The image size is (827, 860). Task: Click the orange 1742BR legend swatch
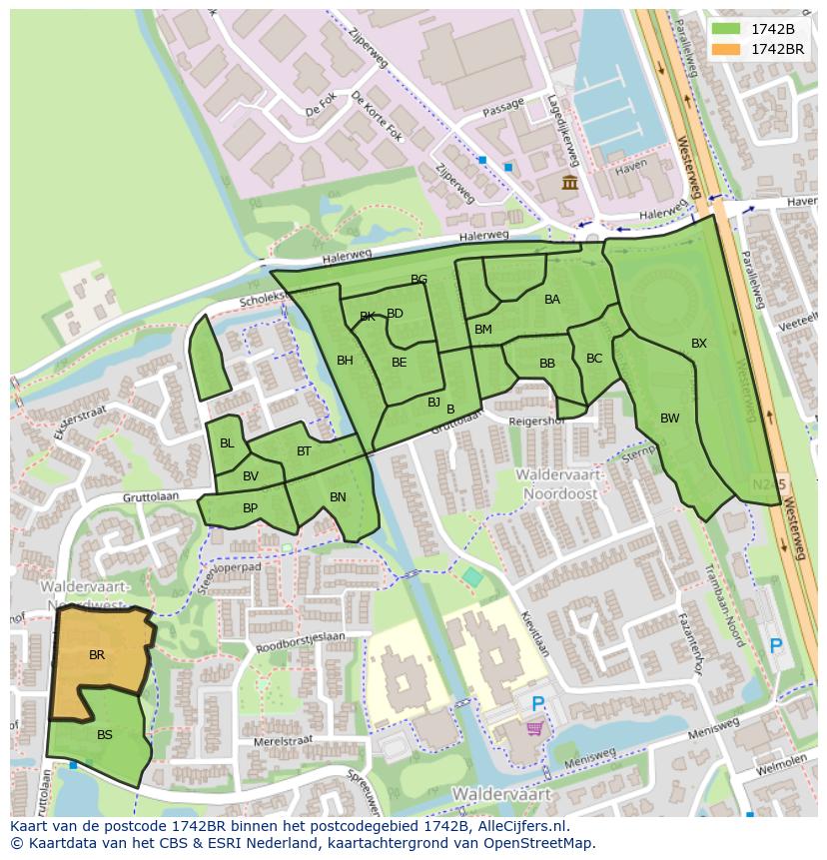pyautogui.click(x=726, y=49)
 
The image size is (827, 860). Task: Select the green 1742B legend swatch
pyautogui.click(x=726, y=29)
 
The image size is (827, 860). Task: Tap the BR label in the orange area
pyautogui.click(x=97, y=656)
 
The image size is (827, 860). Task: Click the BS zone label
pyautogui.click(x=105, y=735)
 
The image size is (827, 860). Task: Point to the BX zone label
pyautogui.click(x=699, y=344)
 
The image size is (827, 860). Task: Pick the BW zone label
pyautogui.click(x=669, y=419)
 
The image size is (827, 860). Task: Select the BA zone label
pyautogui.click(x=552, y=300)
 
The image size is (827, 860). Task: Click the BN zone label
pyautogui.click(x=338, y=497)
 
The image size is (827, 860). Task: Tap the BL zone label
pyautogui.click(x=227, y=443)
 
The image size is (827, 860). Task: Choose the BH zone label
pyautogui.click(x=345, y=362)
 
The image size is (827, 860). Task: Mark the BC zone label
pyautogui.click(x=594, y=359)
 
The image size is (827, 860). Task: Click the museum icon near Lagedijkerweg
pyautogui.click(x=569, y=182)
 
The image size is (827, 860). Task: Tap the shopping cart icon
pyautogui.click(x=535, y=730)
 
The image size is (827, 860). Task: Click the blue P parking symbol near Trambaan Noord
pyautogui.click(x=775, y=646)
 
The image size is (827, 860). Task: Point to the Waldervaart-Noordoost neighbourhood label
pyautogui.click(x=556, y=484)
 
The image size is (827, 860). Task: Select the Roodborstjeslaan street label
pyautogui.click(x=302, y=636)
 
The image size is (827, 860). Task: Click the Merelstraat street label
pyautogui.click(x=284, y=741)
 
